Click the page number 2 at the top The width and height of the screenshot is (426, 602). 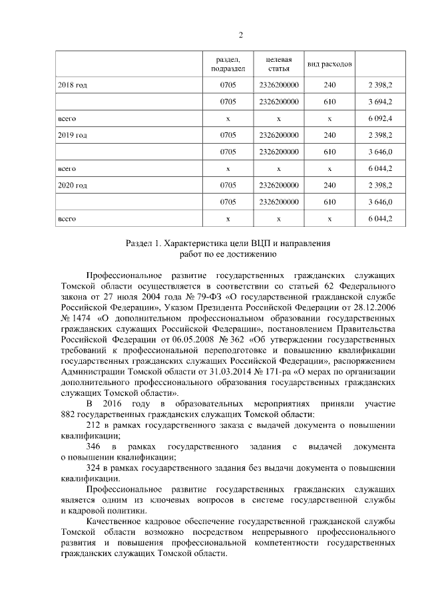coord(240,35)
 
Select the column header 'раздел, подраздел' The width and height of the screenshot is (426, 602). coord(228,64)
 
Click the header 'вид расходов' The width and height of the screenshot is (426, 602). coord(329,65)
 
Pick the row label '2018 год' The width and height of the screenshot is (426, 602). coord(73,85)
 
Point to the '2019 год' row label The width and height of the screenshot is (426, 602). coord(73,135)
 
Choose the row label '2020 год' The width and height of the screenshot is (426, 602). coord(73,184)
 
